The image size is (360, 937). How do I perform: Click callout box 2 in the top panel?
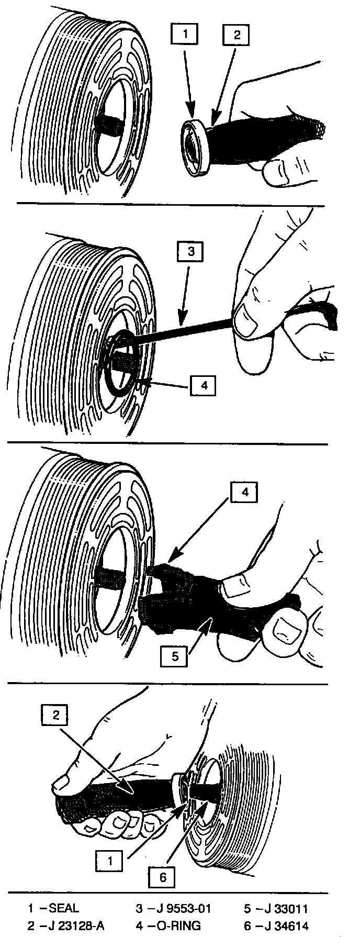236,36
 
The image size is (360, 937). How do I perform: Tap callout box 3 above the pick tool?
191,252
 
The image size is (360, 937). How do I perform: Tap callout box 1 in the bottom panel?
110,860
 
